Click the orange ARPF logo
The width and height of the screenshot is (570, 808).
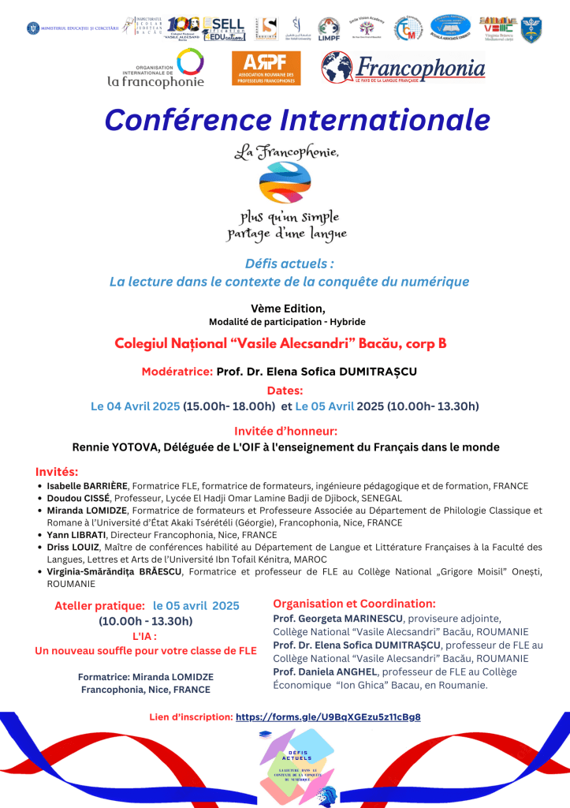click(266, 69)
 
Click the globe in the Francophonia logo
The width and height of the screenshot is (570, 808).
click(338, 68)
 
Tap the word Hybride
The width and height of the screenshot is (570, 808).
click(346, 322)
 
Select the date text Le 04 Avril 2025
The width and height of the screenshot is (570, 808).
click(135, 406)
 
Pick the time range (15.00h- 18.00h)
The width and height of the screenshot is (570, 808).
click(229, 406)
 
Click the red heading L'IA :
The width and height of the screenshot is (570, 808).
click(144, 636)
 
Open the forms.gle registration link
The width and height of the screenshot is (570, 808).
click(328, 717)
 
